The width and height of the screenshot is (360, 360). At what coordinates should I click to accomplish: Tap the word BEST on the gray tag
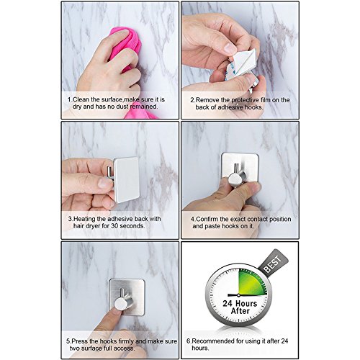pos(272,264)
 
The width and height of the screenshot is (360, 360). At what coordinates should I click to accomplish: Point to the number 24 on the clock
pos(228,303)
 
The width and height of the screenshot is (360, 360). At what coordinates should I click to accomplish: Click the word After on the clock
pos(240,311)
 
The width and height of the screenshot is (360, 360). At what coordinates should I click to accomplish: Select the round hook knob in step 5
pos(122,303)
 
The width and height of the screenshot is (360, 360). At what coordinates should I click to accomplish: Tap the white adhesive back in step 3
pos(127,179)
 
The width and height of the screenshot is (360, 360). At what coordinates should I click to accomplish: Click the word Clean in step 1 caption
pos(81,99)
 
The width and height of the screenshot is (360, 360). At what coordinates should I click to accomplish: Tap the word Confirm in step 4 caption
pos(207,219)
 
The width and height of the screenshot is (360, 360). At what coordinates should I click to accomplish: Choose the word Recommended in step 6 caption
pos(210,341)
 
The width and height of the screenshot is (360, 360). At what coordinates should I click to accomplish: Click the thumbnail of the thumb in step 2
pos(230,49)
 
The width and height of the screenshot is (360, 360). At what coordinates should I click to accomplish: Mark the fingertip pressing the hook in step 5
pos(117,310)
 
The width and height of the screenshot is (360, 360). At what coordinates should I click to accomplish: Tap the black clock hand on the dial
pos(233,294)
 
